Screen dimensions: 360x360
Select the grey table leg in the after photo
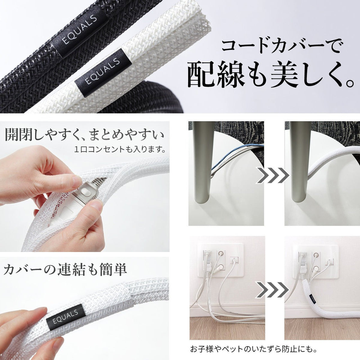298,168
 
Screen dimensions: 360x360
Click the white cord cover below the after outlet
312,303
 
